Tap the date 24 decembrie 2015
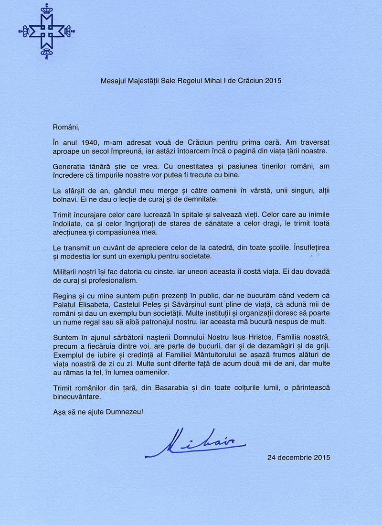pyautogui.click(x=298, y=457)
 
